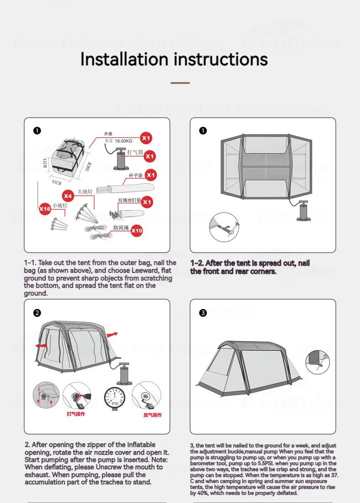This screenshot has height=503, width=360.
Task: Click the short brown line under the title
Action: click(x=180, y=83)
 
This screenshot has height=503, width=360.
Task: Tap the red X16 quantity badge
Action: click(x=45, y=209)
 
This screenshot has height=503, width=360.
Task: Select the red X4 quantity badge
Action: click(x=68, y=196)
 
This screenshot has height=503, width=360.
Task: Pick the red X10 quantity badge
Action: click(x=137, y=231)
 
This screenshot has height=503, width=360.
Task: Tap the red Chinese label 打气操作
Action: click(x=76, y=414)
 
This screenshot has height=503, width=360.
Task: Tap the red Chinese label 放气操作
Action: click(x=152, y=415)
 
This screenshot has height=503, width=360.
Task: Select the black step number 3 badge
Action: click(x=203, y=313)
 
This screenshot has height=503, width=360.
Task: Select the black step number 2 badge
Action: click(x=37, y=313)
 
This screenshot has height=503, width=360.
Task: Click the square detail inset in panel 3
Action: click(x=318, y=361)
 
